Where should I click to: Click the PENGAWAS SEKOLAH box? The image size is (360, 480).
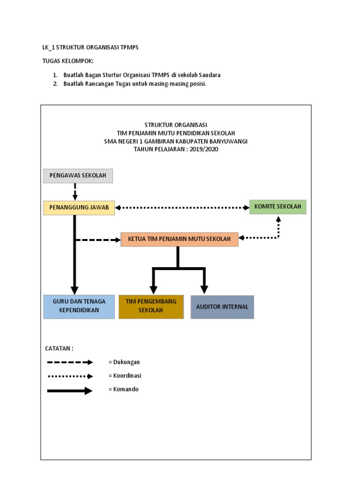tap(78, 176)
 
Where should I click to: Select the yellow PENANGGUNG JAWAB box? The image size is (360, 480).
tap(79, 208)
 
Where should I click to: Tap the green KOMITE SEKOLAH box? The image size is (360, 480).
tap(277, 207)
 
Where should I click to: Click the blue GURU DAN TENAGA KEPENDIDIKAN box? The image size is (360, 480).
tap(79, 307)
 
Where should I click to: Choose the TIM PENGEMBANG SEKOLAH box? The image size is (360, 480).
tap(151, 307)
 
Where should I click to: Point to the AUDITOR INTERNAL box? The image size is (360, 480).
tap(222, 307)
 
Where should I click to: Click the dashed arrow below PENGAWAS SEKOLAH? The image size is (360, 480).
tap(75, 192)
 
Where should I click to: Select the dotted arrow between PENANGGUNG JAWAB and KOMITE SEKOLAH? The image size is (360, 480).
tap(182, 208)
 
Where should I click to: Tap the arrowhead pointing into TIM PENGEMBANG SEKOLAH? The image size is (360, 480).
tap(153, 290)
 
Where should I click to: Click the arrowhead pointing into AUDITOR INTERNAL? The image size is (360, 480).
tap(204, 290)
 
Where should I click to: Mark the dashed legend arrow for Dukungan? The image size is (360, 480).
tap(70, 362)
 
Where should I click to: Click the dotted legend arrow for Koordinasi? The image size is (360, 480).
tap(70, 376)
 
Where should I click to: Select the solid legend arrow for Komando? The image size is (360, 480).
tap(70, 390)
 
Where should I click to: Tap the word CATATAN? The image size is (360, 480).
tap(58, 349)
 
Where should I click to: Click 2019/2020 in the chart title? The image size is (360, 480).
tap(204, 150)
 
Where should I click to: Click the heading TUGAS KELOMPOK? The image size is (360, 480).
tap(68, 61)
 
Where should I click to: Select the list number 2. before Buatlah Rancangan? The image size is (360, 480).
tap(55, 84)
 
